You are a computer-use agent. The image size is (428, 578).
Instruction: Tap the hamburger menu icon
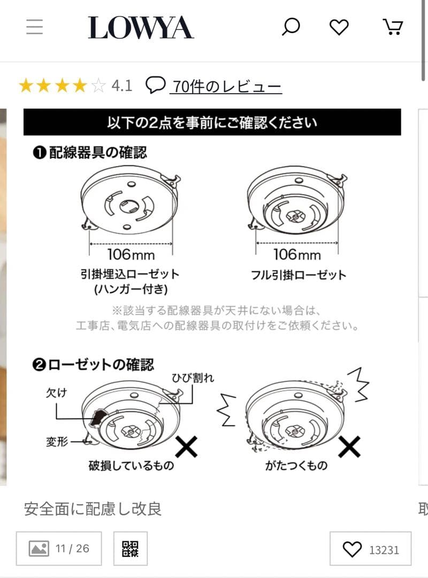click(34, 27)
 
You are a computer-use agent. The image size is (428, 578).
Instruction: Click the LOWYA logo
click(141, 27)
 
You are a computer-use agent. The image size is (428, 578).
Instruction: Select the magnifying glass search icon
click(291, 27)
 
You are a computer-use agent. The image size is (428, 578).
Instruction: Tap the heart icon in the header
click(339, 27)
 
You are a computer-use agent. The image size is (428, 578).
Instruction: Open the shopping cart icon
click(393, 27)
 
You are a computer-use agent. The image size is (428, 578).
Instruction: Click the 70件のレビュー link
click(225, 86)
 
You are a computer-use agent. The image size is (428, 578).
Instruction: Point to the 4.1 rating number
click(121, 86)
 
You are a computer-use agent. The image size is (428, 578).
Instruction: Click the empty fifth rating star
click(98, 86)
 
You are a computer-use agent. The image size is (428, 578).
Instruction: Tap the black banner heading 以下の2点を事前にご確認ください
click(212, 122)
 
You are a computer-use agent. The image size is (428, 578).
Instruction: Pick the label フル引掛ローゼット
click(299, 276)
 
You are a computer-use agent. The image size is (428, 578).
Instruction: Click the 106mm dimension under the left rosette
click(131, 253)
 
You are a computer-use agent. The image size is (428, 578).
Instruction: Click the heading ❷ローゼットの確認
click(93, 365)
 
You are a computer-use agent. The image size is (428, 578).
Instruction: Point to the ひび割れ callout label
click(193, 378)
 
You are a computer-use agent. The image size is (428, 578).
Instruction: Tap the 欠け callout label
click(56, 392)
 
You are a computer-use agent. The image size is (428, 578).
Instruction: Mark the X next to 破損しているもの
click(186, 446)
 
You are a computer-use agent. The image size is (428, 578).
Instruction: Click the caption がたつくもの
click(296, 465)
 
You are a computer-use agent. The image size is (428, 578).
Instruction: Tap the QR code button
click(130, 549)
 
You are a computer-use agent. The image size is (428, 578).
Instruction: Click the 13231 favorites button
click(370, 549)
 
